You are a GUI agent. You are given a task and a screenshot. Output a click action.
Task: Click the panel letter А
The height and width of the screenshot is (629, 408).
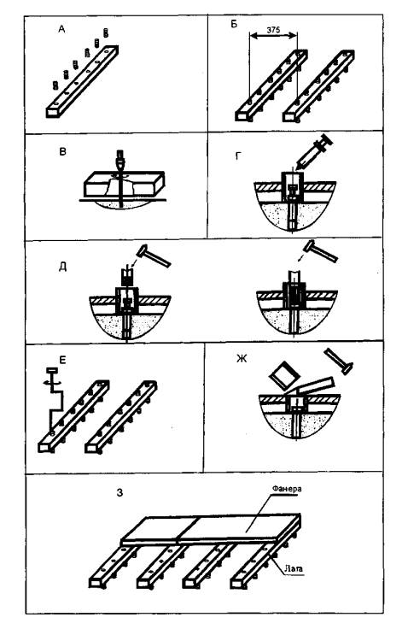click(x=61, y=29)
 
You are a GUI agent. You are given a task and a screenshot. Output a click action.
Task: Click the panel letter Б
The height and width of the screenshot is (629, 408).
click(x=235, y=24)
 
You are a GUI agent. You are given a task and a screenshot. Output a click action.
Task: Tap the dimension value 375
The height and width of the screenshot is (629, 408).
click(x=273, y=30)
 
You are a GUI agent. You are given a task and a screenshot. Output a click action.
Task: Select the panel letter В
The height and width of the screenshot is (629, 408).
click(x=62, y=152)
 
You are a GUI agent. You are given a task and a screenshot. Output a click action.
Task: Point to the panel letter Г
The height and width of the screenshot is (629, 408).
click(x=238, y=156)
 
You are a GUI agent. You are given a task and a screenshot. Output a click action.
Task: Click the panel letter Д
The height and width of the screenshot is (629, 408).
click(x=62, y=267)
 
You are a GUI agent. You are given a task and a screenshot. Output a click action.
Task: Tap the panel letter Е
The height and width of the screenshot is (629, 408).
click(x=62, y=360)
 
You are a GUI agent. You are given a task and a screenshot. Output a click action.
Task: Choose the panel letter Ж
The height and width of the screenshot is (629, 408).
click(x=242, y=358)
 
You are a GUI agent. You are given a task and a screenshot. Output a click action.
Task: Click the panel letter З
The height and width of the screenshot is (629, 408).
click(x=119, y=492)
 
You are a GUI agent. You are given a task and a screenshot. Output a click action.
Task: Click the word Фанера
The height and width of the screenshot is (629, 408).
click(x=287, y=489)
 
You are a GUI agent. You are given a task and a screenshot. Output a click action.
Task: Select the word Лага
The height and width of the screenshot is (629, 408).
click(x=294, y=568)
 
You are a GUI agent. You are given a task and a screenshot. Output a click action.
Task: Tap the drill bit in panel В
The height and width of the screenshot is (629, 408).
click(x=120, y=179)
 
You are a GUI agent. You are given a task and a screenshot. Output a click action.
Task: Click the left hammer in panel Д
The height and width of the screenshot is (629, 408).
click(x=154, y=256)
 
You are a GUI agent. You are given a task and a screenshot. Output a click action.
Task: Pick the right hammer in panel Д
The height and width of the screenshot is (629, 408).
click(x=320, y=250)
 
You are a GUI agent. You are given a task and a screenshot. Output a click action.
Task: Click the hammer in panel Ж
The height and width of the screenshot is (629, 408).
click(x=339, y=361)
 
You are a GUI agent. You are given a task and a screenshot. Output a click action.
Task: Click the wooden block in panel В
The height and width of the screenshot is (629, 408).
click(x=124, y=185)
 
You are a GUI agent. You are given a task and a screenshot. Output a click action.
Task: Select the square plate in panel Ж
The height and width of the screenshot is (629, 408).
click(x=283, y=375)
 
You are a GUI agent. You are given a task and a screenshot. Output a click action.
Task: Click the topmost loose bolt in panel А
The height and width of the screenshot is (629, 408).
click(x=106, y=32)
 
